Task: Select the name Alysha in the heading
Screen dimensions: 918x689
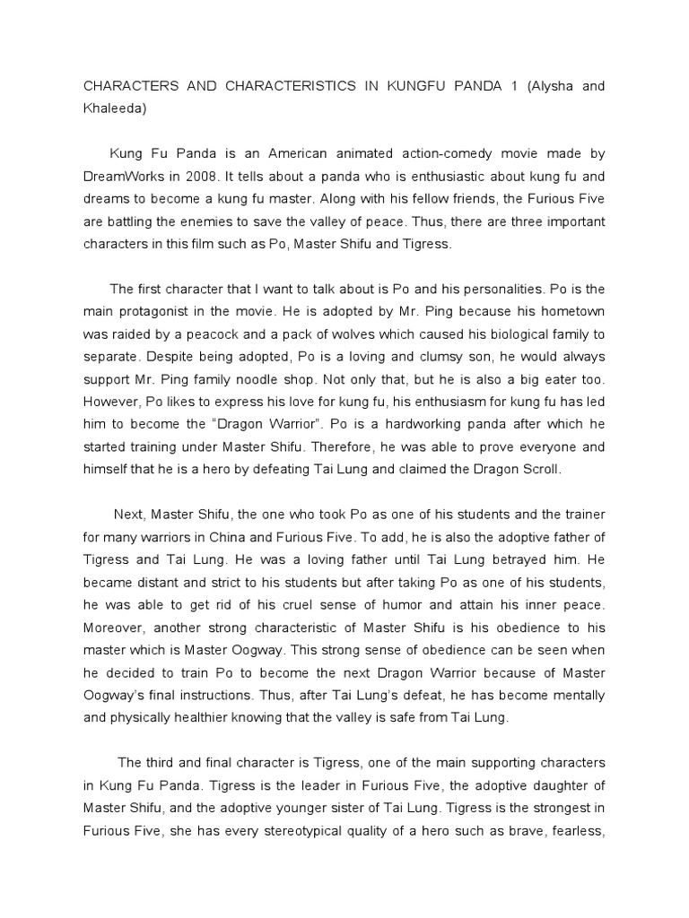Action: point(555,86)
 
